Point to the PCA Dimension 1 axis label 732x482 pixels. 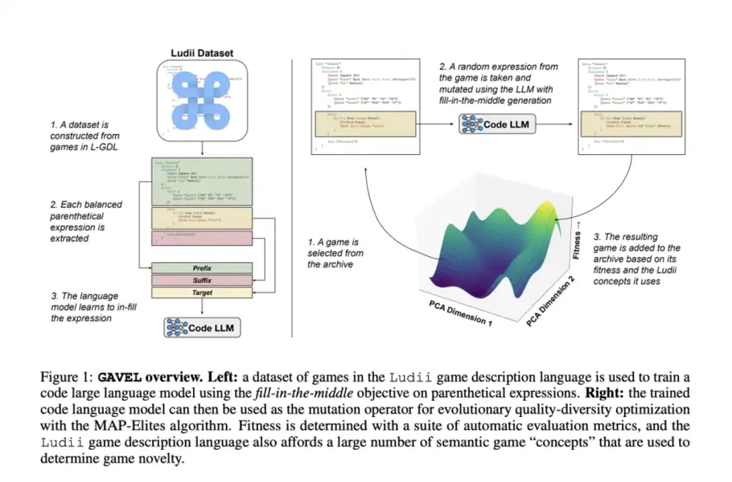click(454, 312)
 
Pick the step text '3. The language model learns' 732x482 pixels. click(83, 307)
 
